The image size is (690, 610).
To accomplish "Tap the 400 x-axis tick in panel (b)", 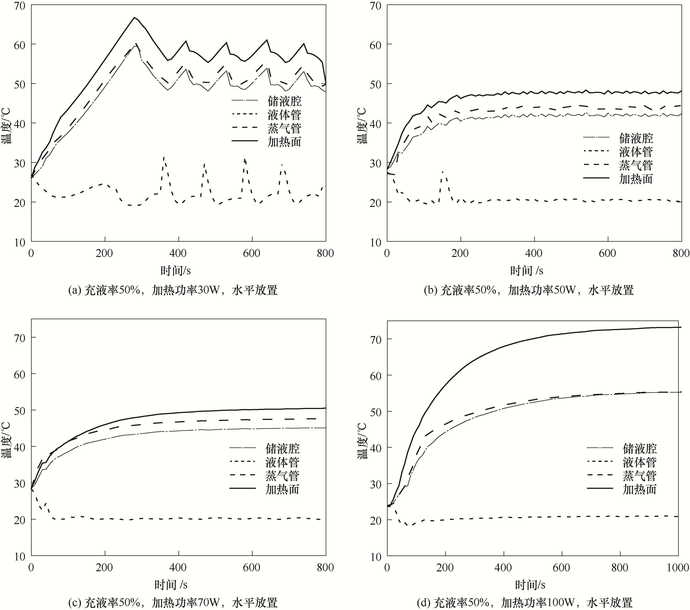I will (x=534, y=253).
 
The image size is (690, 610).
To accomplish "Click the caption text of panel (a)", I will (x=173, y=290).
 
